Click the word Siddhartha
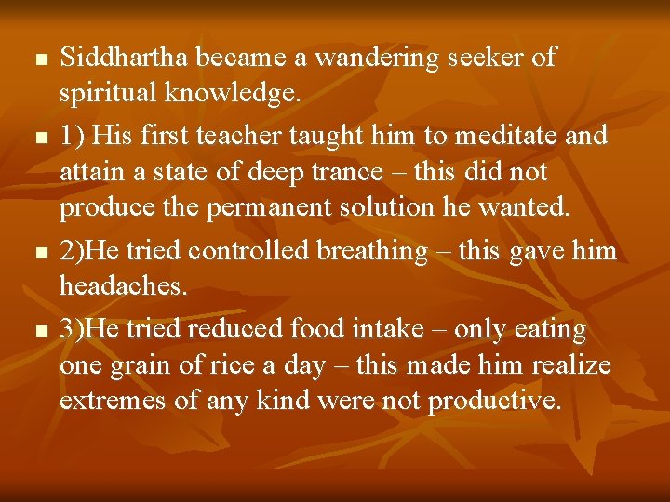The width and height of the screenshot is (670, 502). (x=127, y=58)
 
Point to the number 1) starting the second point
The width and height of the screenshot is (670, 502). (x=73, y=137)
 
